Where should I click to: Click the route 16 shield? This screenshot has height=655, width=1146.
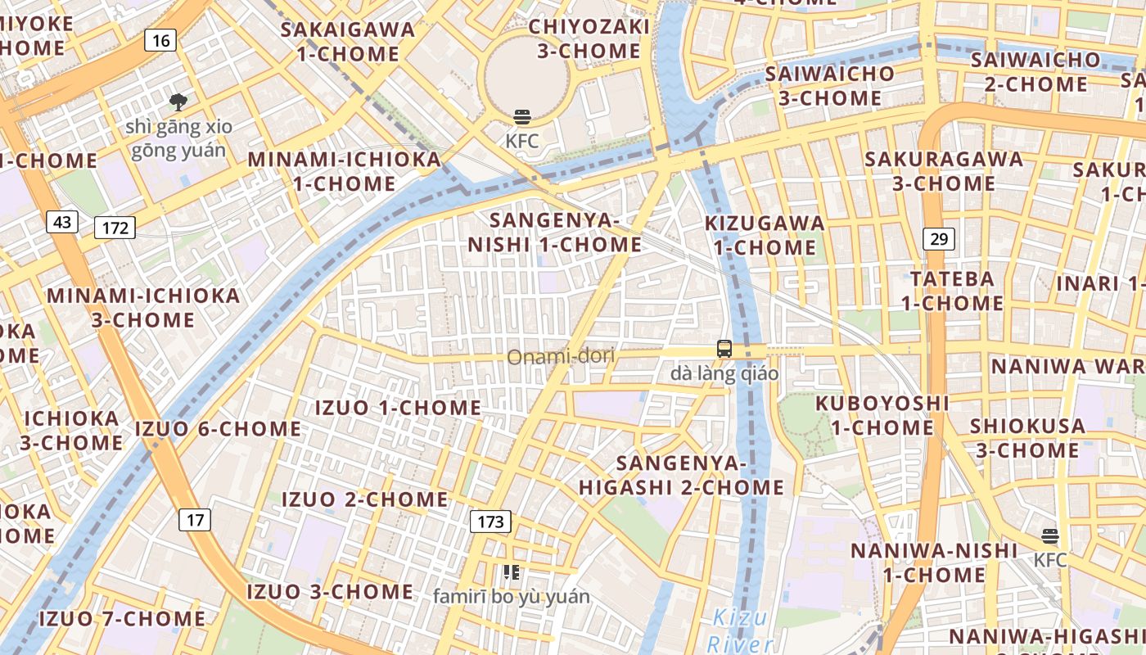(161, 39)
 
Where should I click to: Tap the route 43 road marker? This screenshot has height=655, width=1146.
(62, 222)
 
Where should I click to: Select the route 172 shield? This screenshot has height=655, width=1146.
(115, 228)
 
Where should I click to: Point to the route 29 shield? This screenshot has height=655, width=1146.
(939, 239)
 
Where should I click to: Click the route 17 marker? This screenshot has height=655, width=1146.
(194, 519)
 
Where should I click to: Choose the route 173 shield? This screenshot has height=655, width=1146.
(490, 521)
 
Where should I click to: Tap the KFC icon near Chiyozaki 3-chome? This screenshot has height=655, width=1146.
(522, 117)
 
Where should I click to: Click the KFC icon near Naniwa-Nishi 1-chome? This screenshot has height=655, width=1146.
(1050, 536)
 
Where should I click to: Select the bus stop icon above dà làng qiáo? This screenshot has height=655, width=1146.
(724, 349)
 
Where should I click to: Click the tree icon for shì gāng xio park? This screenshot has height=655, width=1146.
(178, 102)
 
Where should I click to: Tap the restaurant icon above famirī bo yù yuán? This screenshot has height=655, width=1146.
(512, 572)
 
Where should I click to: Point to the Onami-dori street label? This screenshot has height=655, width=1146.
(561, 357)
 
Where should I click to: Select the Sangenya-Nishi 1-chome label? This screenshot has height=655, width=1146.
(554, 233)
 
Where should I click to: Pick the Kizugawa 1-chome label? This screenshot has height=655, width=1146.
(765, 235)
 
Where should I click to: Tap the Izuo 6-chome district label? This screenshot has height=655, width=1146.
(218, 428)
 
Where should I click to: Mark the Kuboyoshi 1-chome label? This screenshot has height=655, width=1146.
(882, 415)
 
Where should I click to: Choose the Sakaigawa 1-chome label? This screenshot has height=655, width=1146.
(348, 42)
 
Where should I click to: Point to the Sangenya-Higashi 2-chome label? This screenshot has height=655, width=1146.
(682, 475)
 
